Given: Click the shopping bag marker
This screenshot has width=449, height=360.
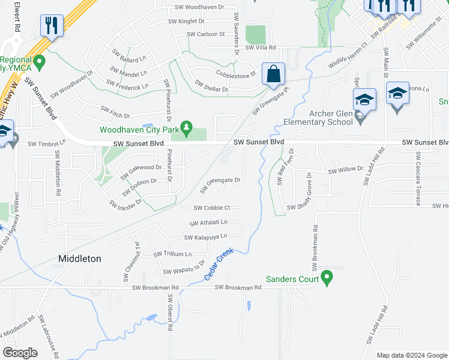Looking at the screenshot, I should pyautogui.click(x=273, y=74).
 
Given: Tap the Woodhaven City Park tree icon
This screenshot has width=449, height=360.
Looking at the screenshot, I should pyautogui.click(x=187, y=127).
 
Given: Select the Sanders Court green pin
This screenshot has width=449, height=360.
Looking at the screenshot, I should pyautogui.click(x=327, y=278).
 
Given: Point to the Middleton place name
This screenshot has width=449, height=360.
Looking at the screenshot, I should pyautogui.click(x=80, y=259).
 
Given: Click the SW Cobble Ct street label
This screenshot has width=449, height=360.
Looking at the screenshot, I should pyautogui.click(x=212, y=208).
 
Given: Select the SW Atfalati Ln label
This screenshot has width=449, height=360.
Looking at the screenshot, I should pyautogui.click(x=208, y=223).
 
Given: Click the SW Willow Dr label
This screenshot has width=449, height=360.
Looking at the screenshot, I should pyautogui.click(x=346, y=170).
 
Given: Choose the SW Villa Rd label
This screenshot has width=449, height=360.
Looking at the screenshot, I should pyautogui.click(x=256, y=47).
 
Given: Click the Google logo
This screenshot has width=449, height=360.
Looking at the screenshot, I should pyautogui.click(x=20, y=353).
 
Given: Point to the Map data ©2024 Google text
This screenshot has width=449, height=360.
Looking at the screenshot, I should pyautogui.click(x=411, y=355).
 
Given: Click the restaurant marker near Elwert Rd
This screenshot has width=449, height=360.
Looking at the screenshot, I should pyautogui.click(x=50, y=26).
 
